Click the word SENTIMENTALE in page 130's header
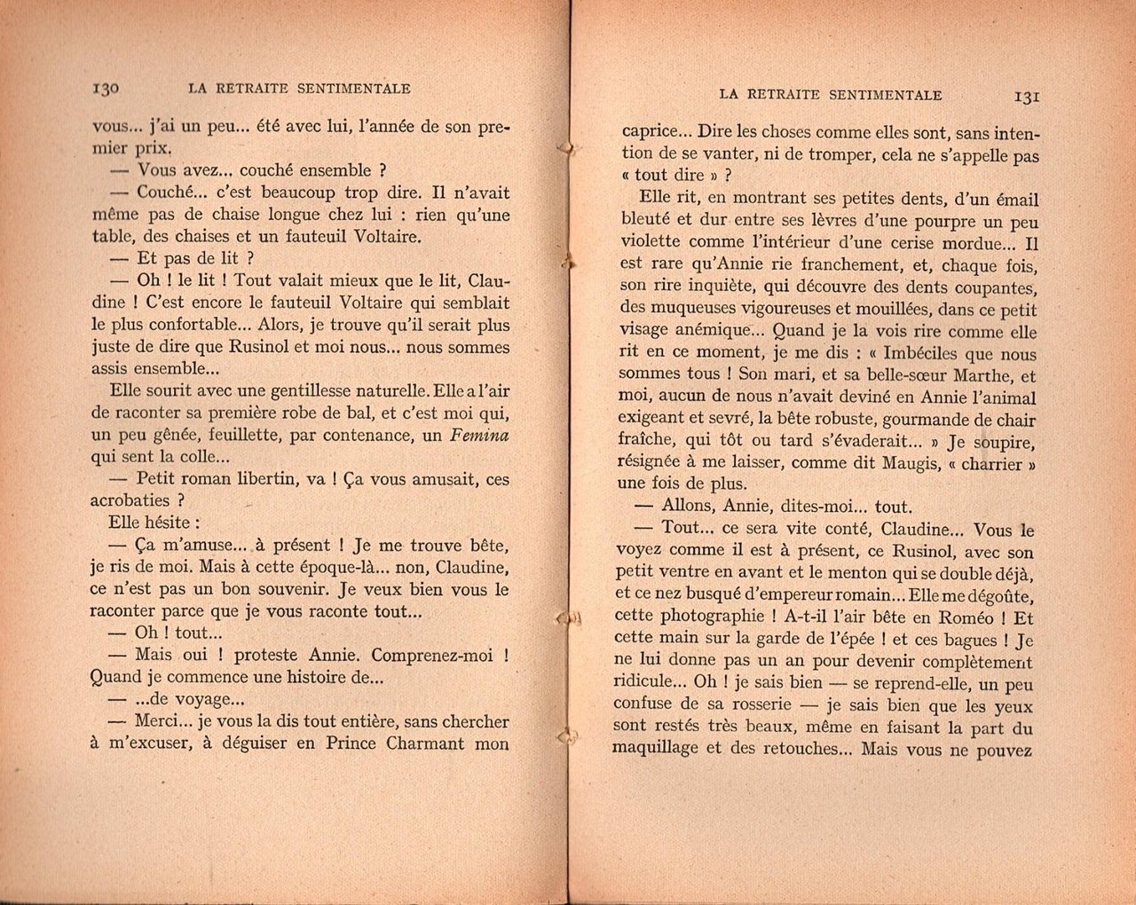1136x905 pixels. pos(357,88)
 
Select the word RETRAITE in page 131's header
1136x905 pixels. pos(784,95)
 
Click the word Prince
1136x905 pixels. pos(351,744)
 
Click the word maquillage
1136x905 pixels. pos(659,749)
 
